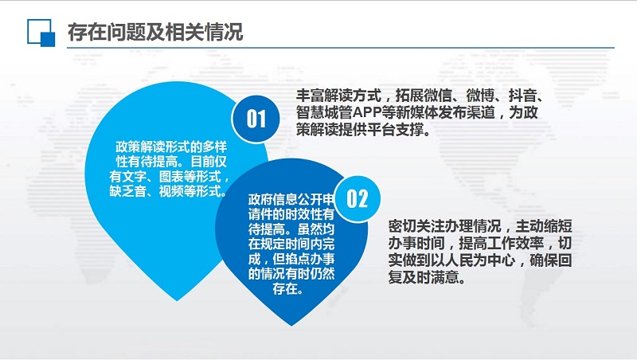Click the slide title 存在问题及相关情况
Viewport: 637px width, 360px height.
click(155, 32)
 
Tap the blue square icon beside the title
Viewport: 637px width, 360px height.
click(41, 33)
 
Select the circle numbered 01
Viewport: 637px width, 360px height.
click(256, 119)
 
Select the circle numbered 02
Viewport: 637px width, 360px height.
click(357, 198)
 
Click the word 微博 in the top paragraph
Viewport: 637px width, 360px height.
click(480, 96)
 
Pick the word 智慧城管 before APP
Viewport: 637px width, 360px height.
click(324, 112)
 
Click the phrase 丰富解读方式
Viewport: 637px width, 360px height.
click(338, 96)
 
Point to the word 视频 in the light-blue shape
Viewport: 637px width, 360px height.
click(171, 191)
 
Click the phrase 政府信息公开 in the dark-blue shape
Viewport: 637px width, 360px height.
click(285, 199)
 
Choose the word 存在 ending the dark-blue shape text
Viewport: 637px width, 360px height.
click(285, 289)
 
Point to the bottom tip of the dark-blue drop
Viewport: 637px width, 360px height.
click(291, 326)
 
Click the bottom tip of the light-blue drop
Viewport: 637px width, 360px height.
click(177, 301)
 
